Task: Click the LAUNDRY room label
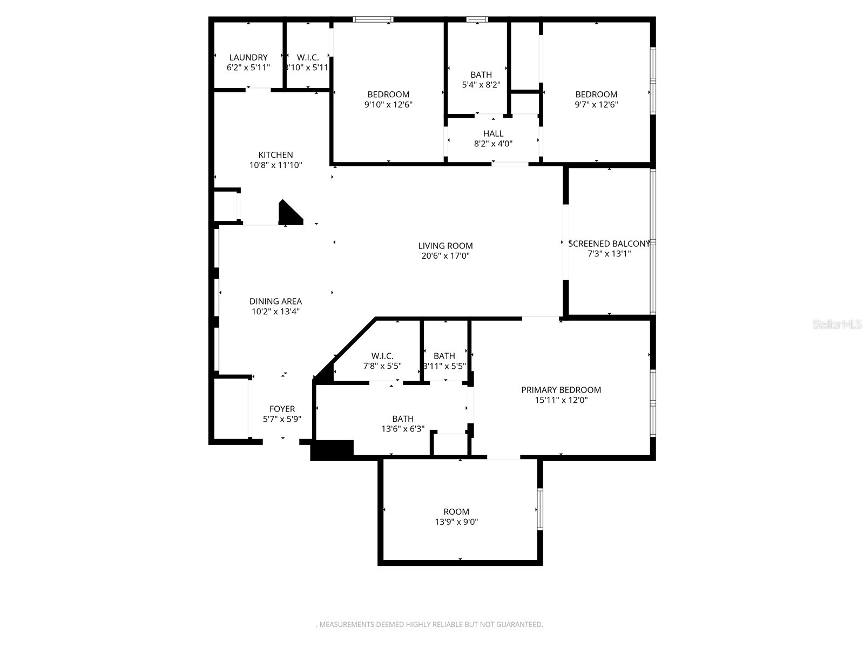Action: click(x=248, y=57)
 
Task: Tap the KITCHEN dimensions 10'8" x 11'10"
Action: click(x=275, y=165)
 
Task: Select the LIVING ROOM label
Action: click(x=445, y=246)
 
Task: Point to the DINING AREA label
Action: click(x=275, y=301)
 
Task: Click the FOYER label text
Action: click(x=282, y=409)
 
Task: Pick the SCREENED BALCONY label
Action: click(x=609, y=244)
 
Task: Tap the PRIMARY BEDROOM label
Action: click(x=561, y=390)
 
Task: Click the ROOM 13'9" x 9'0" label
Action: click(x=456, y=517)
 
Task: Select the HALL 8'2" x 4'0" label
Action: click(x=493, y=138)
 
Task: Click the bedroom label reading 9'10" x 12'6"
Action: click(x=388, y=99)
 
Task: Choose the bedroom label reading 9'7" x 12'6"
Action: click(x=596, y=99)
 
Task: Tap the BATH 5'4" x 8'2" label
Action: click(x=481, y=79)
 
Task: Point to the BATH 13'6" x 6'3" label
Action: click(x=403, y=423)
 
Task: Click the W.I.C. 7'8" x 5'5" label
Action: click(x=382, y=361)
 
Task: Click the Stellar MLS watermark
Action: click(x=838, y=325)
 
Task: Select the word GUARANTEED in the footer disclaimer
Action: click(x=519, y=625)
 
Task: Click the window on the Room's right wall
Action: click(x=539, y=509)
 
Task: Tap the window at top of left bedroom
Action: click(x=373, y=20)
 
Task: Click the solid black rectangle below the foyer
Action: click(x=332, y=450)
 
